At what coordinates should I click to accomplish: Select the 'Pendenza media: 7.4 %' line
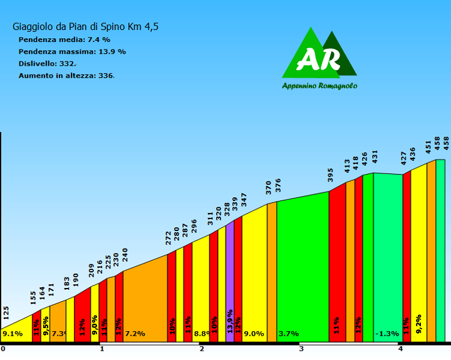click(x=65, y=39)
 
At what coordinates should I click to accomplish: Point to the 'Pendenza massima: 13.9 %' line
click(x=72, y=51)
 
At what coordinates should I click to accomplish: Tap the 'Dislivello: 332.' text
click(x=48, y=63)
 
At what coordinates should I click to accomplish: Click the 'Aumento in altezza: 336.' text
click(x=66, y=75)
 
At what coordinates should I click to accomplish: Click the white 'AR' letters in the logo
click(x=319, y=60)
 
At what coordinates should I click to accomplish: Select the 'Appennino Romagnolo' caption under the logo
click(x=319, y=86)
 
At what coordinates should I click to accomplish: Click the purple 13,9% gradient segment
click(x=230, y=282)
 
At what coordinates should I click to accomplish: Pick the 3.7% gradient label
click(x=288, y=334)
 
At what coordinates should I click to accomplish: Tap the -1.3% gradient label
click(x=387, y=334)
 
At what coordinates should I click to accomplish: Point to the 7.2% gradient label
click(x=135, y=334)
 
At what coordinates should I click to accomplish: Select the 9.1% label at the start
click(x=13, y=334)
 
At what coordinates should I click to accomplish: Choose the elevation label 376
click(x=278, y=185)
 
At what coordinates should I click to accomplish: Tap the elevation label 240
click(x=125, y=255)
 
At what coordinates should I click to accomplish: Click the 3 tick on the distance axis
click(x=301, y=349)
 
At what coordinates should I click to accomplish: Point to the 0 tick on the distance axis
click(x=3, y=349)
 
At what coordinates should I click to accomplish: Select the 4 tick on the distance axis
click(x=400, y=349)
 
